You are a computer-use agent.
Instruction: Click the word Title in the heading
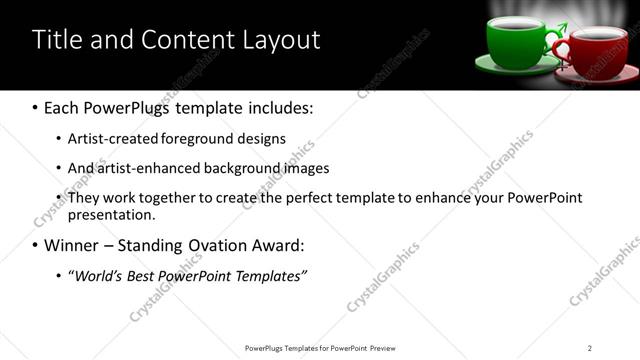pyautogui.click(x=57, y=40)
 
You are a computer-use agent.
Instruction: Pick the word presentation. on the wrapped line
pyautogui.click(x=111, y=214)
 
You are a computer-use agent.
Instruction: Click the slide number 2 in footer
pyautogui.click(x=590, y=347)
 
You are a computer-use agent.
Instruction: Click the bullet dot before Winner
pyautogui.click(x=36, y=245)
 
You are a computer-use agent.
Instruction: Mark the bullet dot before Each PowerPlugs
pyautogui.click(x=36, y=107)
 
